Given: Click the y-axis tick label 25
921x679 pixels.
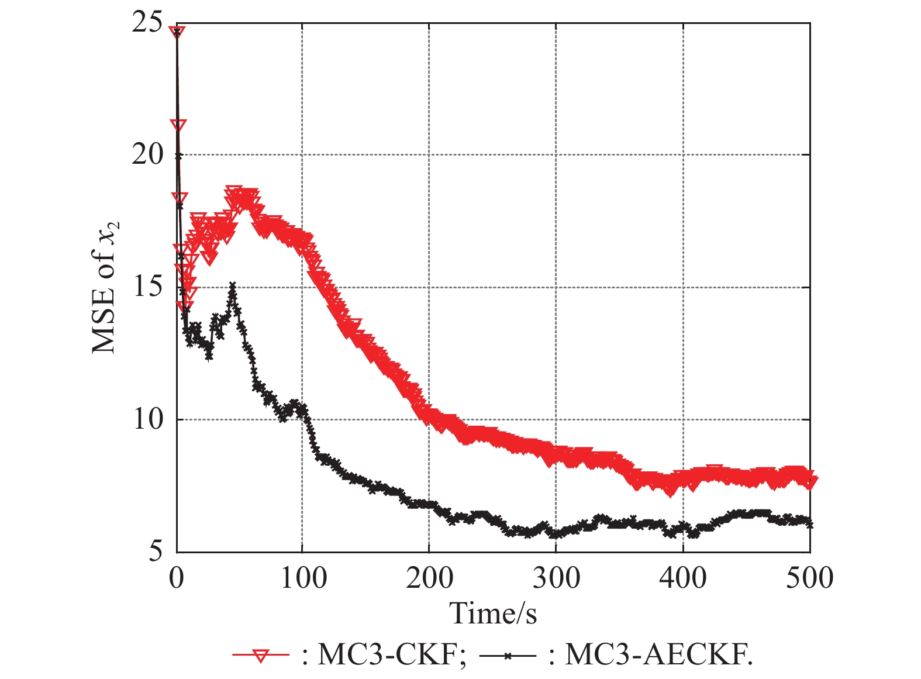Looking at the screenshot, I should (147, 24).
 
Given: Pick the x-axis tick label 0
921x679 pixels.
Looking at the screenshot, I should (176, 578).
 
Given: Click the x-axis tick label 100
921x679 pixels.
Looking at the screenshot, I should (302, 578).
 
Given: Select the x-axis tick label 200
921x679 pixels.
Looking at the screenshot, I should (429, 578).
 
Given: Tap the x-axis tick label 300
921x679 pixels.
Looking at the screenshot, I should (556, 578).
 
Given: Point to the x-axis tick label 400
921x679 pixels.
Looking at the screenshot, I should (683, 578).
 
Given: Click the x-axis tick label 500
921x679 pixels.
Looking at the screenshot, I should (809, 578).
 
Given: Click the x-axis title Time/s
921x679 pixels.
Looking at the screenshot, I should (493, 613).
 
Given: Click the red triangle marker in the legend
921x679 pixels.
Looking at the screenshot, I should (261, 655).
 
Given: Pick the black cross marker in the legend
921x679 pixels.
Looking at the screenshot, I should (508, 656).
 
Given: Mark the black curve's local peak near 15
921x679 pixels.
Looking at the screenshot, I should (233, 286).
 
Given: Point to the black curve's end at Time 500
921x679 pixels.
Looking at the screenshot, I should (809, 525).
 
